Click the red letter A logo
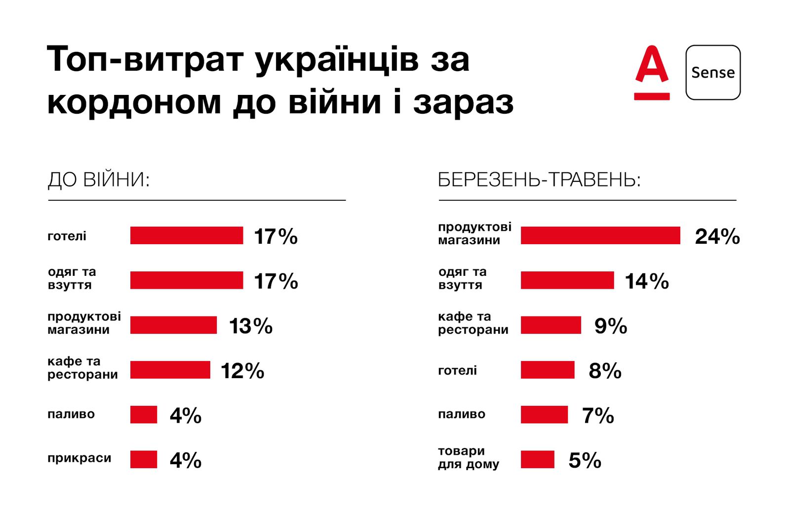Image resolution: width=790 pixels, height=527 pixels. click(x=652, y=72)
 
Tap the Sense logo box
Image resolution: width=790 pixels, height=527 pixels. click(x=713, y=73)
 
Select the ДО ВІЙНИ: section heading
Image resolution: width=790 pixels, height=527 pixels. click(x=99, y=180)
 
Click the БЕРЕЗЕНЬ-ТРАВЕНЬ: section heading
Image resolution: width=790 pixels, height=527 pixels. click(x=539, y=180)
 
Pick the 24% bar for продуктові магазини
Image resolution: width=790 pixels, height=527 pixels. click(x=600, y=235)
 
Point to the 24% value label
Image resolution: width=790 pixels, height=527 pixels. click(x=717, y=237)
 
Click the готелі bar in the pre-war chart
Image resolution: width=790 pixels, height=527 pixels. click(x=187, y=235)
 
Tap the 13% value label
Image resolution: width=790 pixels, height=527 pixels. click(x=251, y=326)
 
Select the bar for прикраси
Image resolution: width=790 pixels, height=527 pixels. click(x=144, y=459)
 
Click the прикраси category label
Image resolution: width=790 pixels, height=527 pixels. click(x=79, y=458)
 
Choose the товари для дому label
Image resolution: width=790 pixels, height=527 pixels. click(x=469, y=458)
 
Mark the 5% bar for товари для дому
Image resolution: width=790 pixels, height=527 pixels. click(x=538, y=459)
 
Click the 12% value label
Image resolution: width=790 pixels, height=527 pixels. click(x=242, y=371)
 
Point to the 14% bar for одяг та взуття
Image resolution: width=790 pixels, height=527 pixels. click(x=567, y=280)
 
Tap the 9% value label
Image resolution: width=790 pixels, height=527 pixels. click(x=611, y=326)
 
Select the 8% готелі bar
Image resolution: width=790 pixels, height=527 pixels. click(x=548, y=370)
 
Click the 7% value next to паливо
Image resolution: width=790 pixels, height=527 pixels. click(x=598, y=416)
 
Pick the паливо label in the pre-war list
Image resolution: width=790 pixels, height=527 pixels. click(x=71, y=414)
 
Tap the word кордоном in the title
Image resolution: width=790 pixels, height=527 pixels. click(x=134, y=103)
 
